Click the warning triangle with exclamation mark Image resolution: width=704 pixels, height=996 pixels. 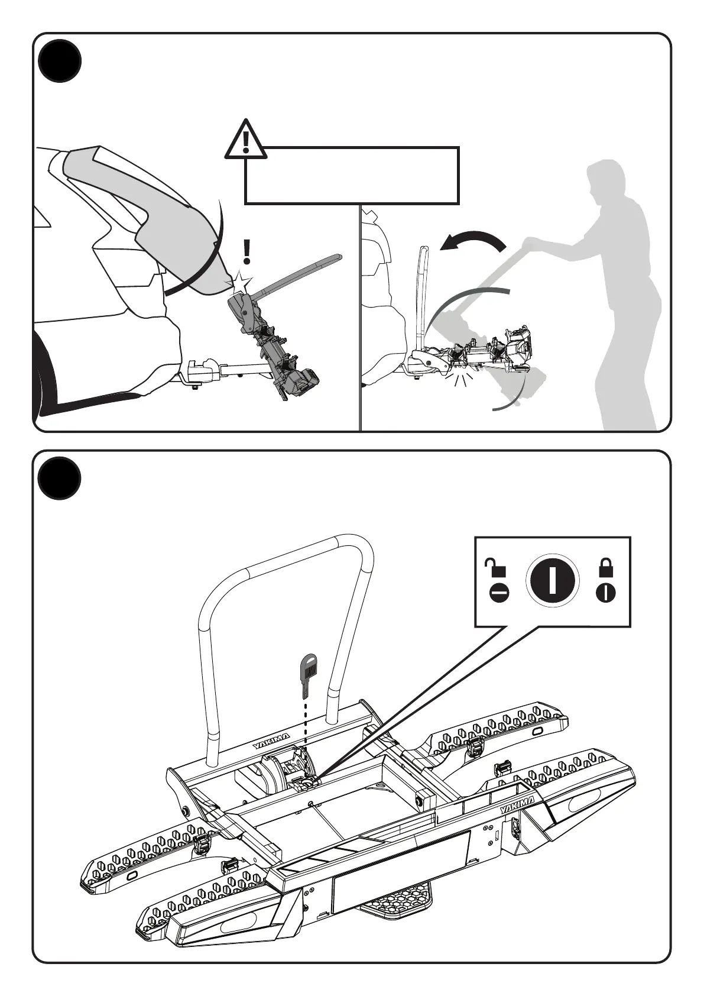click(x=245, y=140)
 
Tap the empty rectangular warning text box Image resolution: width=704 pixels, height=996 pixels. click(x=352, y=176)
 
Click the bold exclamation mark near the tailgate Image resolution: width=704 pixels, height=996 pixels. click(x=247, y=252)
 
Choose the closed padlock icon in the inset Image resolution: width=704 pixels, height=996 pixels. click(x=606, y=568)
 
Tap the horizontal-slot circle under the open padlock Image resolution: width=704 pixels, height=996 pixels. click(x=499, y=593)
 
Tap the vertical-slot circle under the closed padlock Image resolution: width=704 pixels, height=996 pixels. click(x=606, y=593)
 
